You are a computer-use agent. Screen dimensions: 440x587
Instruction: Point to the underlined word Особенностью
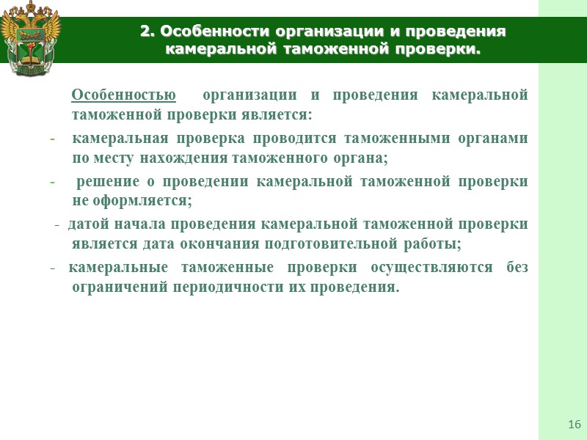[123, 95]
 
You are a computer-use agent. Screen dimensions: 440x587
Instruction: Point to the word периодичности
[219, 285]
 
